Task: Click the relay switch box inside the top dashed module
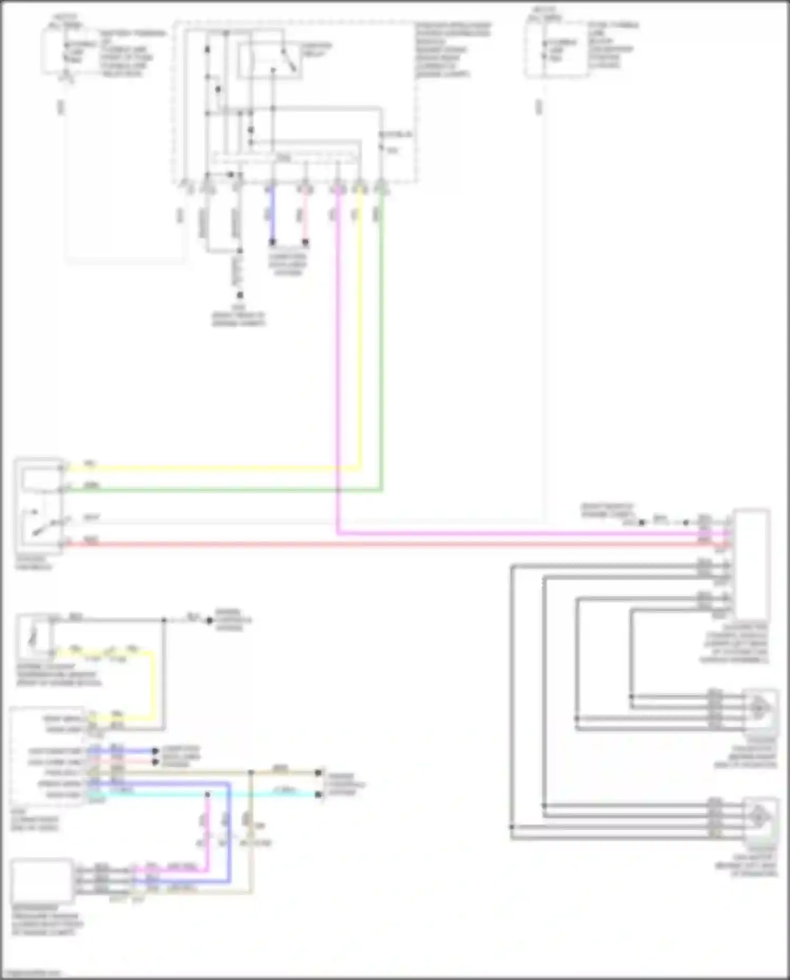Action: (269, 61)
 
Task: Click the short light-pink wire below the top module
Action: (305, 216)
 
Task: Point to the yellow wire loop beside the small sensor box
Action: (153, 685)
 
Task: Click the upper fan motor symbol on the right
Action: (760, 709)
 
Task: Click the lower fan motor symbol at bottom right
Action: (760, 818)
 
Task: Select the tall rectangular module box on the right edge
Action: (751, 563)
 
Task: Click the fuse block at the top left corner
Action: (55, 50)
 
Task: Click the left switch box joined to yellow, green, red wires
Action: (39, 506)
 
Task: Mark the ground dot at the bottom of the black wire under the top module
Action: (240, 295)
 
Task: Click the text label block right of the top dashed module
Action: (453, 50)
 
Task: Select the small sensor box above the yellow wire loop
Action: (35, 636)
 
